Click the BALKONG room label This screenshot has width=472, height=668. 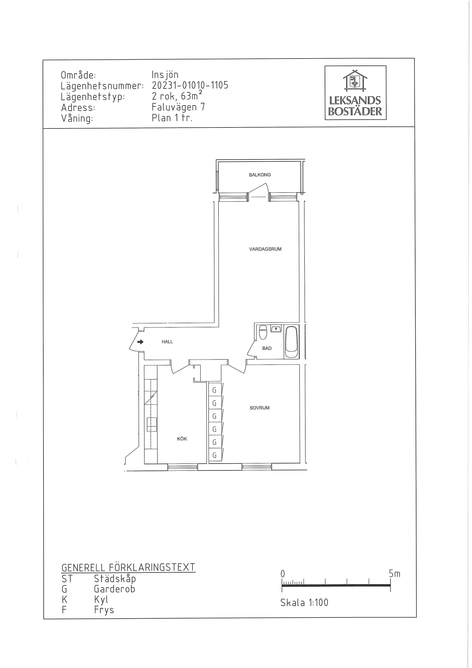point(260,175)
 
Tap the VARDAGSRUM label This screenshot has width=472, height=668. point(265,249)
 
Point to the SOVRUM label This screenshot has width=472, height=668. point(259,408)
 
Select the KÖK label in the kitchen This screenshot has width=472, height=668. point(182,439)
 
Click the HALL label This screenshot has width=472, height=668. point(167,342)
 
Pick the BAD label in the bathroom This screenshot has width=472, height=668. point(267,348)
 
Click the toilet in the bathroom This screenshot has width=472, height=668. point(263,332)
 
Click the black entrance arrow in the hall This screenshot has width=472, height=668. point(140,342)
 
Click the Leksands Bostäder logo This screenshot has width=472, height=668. point(355,93)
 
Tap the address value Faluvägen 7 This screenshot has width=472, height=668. point(178,107)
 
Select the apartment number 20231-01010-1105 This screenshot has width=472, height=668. point(190,85)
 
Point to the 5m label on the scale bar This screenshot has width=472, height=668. point(395,573)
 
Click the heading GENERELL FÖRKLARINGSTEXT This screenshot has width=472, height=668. point(128,567)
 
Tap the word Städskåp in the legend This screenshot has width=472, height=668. point(115,578)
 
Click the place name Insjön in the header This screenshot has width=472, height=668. point(165,75)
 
